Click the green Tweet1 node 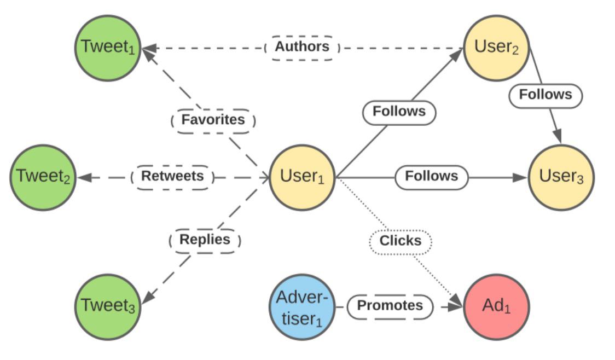point(108,48)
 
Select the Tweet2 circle point(43,178)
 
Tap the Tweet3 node point(108,307)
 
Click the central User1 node point(302,178)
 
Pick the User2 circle point(497,48)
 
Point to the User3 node point(561,178)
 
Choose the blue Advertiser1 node point(302,307)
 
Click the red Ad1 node point(497,307)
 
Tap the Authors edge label point(302,48)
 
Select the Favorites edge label point(213,120)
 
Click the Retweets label point(172,177)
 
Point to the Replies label point(205,240)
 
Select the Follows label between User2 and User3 point(546,95)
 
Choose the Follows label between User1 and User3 point(432,177)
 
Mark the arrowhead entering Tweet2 point(84,178)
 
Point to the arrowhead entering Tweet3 point(148,297)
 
